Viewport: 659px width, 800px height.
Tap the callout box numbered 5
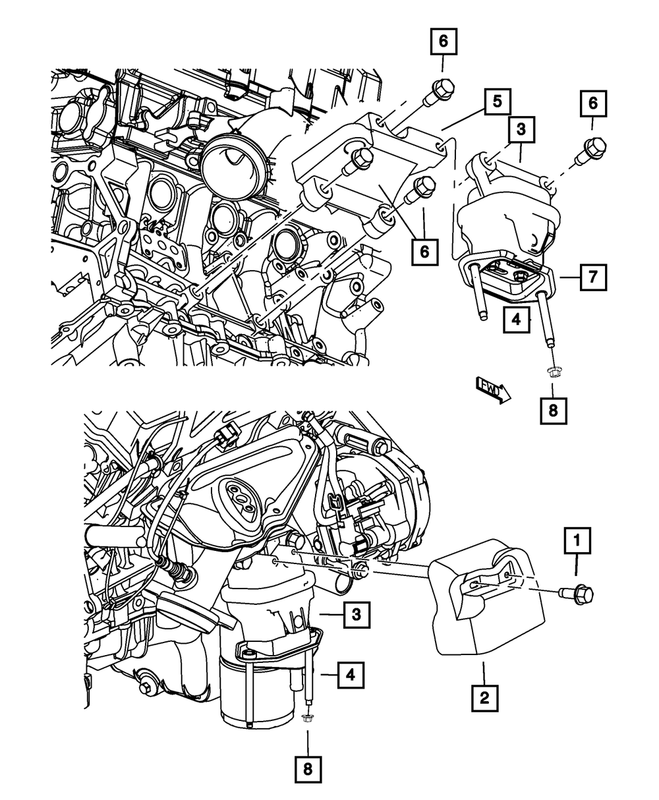click(x=498, y=102)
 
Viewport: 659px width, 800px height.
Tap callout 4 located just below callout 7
click(x=517, y=320)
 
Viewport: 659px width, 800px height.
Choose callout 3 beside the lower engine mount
click(x=355, y=615)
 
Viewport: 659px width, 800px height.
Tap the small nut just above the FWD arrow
click(x=552, y=374)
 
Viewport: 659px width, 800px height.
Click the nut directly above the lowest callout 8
click(x=307, y=718)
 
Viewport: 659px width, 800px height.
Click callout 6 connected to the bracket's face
click(x=424, y=251)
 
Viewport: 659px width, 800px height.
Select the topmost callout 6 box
click(x=443, y=42)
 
